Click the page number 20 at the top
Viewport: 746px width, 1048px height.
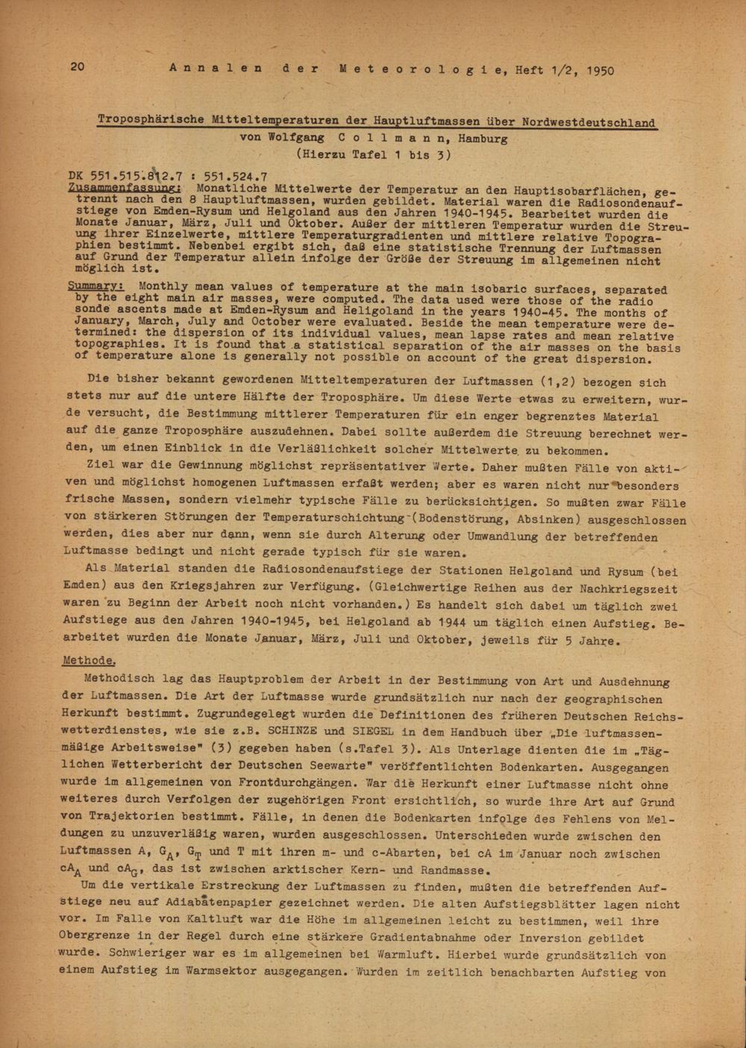tap(77, 67)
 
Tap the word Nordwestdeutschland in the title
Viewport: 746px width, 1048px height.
tap(589, 122)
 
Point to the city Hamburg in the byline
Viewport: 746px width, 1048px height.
tap(483, 138)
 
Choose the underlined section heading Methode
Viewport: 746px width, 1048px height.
tap(89, 660)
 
